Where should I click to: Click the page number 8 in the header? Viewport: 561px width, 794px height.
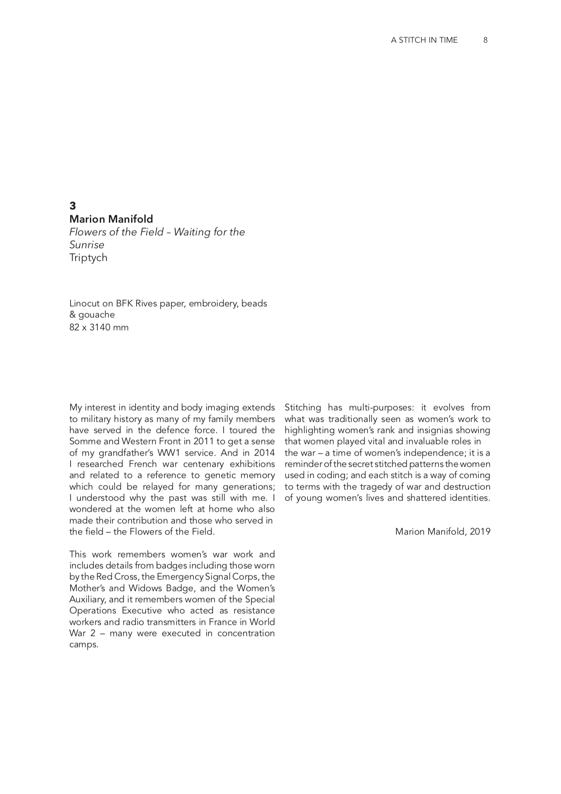click(x=486, y=40)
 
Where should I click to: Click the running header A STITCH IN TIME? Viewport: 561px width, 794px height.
click(x=424, y=40)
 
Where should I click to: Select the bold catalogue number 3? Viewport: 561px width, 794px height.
click(x=73, y=206)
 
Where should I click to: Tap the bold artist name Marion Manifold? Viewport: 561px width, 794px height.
click(x=111, y=219)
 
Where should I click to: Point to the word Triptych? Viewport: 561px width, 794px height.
click(x=88, y=258)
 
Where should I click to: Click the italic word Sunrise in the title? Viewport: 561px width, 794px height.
click(x=87, y=245)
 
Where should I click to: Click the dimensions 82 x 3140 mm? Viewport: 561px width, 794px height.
click(x=99, y=327)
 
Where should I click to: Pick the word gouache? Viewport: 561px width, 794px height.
click(x=97, y=314)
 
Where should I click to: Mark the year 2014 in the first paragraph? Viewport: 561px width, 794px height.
click(x=264, y=453)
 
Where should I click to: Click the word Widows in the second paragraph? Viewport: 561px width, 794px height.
click(x=146, y=588)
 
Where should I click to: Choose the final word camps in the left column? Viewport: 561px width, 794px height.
click(x=83, y=645)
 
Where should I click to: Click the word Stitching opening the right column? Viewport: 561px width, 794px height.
click(x=303, y=407)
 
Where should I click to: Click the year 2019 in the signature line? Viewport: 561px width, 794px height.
click(x=480, y=532)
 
